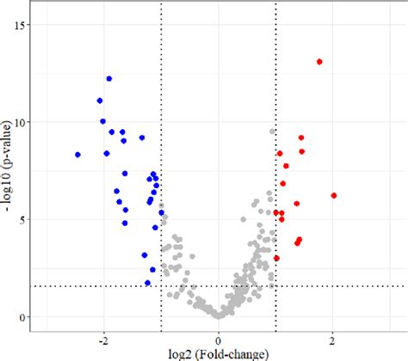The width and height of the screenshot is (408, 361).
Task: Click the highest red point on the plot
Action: [319, 62]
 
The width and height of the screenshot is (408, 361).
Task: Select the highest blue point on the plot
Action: [109, 79]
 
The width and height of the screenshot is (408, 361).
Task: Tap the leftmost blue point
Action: [77, 155]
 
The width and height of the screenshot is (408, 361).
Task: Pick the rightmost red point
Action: [333, 196]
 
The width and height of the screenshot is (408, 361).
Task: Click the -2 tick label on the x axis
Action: [103, 338]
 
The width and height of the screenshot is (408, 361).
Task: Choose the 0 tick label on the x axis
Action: [219, 338]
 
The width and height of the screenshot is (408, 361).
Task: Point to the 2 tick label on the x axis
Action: [333, 338]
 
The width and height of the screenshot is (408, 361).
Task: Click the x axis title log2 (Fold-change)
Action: [219, 353]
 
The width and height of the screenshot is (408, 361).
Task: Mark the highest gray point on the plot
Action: [273, 132]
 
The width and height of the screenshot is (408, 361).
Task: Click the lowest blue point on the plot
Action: [148, 283]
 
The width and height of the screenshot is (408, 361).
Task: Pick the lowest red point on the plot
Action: [276, 258]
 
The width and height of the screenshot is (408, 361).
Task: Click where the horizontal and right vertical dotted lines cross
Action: [275, 286]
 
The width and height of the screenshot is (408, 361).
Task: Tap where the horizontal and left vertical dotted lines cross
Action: [161, 286]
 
